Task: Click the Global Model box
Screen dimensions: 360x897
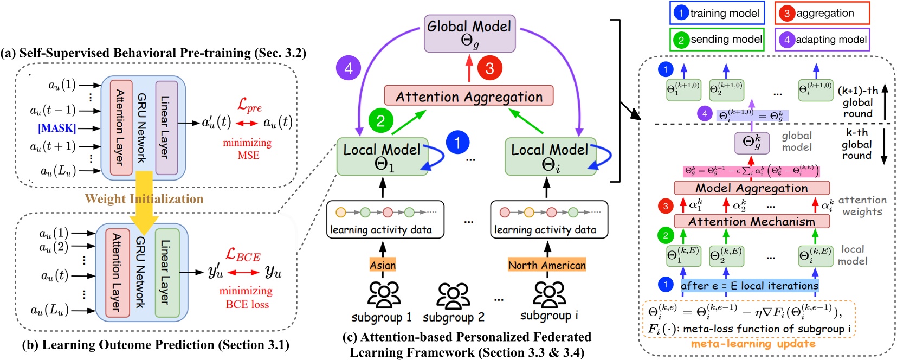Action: (x=469, y=34)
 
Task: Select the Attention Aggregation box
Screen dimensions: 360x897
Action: (x=469, y=96)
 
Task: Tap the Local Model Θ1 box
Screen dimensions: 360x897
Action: (x=382, y=157)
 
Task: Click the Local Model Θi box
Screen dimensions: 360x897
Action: (x=550, y=157)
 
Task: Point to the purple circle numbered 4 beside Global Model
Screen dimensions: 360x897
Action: (x=349, y=68)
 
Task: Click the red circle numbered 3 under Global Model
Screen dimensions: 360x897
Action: (x=489, y=68)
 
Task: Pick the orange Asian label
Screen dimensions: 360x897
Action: (x=383, y=265)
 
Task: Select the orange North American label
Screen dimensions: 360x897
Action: (x=547, y=265)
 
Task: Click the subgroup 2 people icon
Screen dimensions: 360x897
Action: (x=453, y=295)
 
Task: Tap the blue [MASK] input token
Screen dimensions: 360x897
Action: (x=57, y=128)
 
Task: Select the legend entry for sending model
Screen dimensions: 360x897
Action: (x=717, y=40)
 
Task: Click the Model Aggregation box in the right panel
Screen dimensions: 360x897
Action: (x=751, y=188)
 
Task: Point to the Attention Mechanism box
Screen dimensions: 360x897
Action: (x=751, y=221)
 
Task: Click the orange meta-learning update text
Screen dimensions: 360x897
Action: (x=753, y=343)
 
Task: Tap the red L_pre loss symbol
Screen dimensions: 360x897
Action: (x=249, y=105)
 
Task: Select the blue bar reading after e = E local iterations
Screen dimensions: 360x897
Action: (x=749, y=286)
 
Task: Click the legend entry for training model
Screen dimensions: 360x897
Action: (x=717, y=13)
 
